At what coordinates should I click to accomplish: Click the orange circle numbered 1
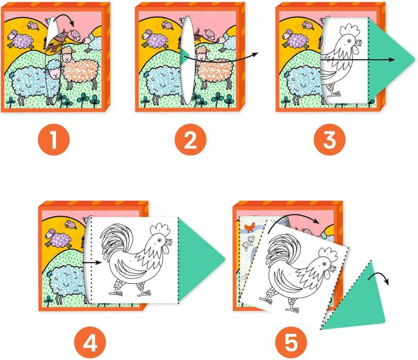click(54, 140)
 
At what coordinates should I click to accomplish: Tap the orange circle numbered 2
click(191, 140)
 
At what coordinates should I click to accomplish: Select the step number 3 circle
click(330, 140)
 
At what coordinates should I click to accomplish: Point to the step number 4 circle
click(90, 342)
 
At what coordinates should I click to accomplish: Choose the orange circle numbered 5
click(291, 342)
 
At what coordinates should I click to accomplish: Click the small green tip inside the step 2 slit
click(183, 56)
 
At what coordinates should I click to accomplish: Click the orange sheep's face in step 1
click(67, 55)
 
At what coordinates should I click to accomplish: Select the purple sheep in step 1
click(20, 40)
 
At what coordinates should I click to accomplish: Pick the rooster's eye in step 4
click(159, 240)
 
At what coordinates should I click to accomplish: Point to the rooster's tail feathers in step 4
click(114, 242)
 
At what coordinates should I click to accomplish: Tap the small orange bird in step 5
click(250, 227)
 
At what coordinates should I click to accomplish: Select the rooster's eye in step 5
click(324, 264)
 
